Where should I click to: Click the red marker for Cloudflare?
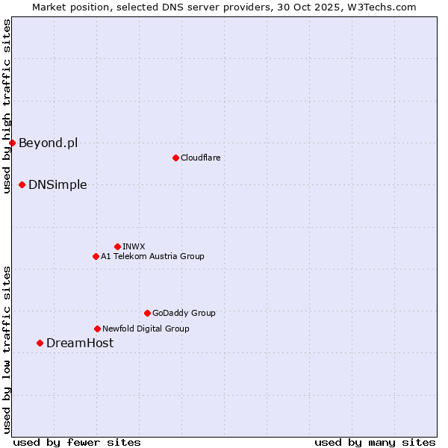pos(175,158)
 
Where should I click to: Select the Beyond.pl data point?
pos(12,143)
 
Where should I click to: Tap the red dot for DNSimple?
pos(22,184)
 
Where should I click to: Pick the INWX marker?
pos(117,246)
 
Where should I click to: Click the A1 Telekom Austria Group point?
pos(96,256)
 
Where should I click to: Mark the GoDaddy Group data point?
pos(147,313)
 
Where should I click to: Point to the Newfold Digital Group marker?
pos(97,329)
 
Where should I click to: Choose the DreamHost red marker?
pos(40,343)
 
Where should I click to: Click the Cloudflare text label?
pos(200,158)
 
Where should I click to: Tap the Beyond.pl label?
pos(48,143)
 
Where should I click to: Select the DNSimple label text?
pos(57,184)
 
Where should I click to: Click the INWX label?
pos(134,246)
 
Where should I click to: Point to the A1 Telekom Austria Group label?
pos(152,256)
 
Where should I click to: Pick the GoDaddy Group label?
pos(184,313)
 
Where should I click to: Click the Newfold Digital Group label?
pos(146,329)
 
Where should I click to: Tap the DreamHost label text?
pos(80,343)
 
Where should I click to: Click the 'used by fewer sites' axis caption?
pos(77,442)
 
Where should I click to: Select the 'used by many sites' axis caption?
pos(375,442)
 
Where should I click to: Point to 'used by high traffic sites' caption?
pos(7,106)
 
